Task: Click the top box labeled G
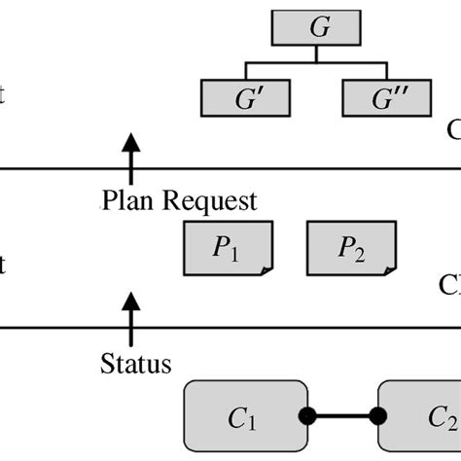pyautogui.click(x=319, y=27)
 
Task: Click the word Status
pyautogui.click(x=136, y=366)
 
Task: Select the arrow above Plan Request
pyautogui.click(x=126, y=156)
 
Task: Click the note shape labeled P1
pyautogui.click(x=228, y=248)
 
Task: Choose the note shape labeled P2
pyautogui.click(x=351, y=248)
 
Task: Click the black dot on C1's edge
pyautogui.click(x=306, y=416)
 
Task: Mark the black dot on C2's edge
pyautogui.click(x=378, y=416)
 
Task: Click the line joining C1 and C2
pyautogui.click(x=342, y=416)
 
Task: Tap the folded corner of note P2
pyautogui.click(x=389, y=269)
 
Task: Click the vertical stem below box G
pyautogui.click(x=319, y=53)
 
